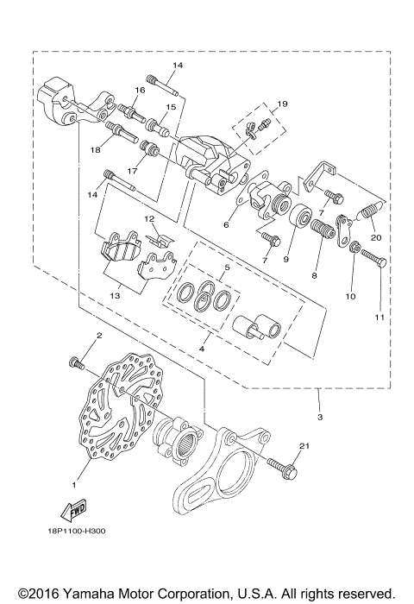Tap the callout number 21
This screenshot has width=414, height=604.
[x=304, y=444]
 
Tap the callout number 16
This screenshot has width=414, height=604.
[x=139, y=90]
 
